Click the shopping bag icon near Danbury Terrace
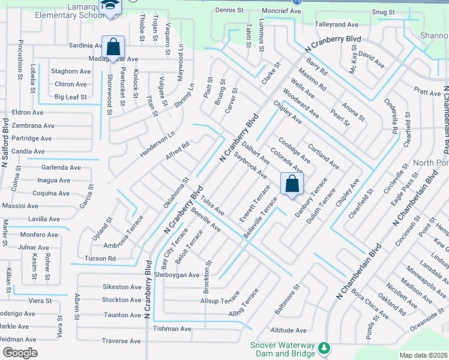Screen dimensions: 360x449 click(292, 184)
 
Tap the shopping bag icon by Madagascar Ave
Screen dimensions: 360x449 click(112, 46)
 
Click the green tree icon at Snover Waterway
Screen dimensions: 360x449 click(324, 348)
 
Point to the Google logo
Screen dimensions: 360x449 click(20, 353)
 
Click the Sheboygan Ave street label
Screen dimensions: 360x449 click(177, 275)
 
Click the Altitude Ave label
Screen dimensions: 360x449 click(288, 330)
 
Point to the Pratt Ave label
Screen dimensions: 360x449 click(427, 92)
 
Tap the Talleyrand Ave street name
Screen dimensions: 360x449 click(337, 25)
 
